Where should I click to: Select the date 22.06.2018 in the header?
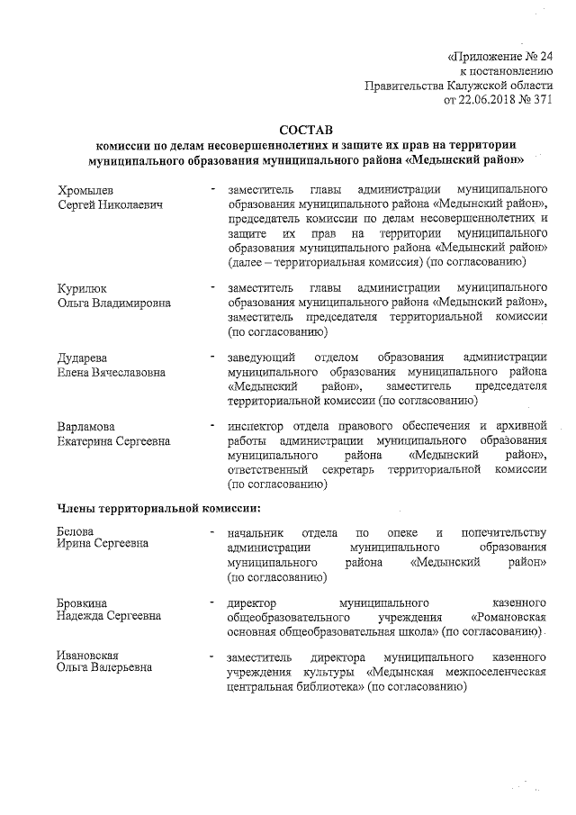(489, 100)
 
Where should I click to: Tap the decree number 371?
(539, 100)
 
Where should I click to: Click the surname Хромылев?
(87, 191)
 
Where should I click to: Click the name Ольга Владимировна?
(113, 302)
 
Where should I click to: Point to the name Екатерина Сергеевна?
(113, 440)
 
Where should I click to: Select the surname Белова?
(76, 532)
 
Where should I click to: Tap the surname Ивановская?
(89, 654)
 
